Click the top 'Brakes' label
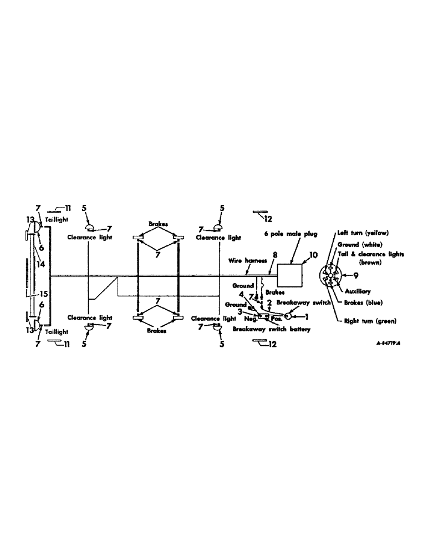[158, 225]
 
